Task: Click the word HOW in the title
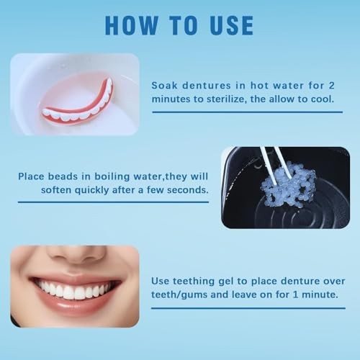pos(130,24)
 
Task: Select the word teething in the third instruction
pos(196,280)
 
